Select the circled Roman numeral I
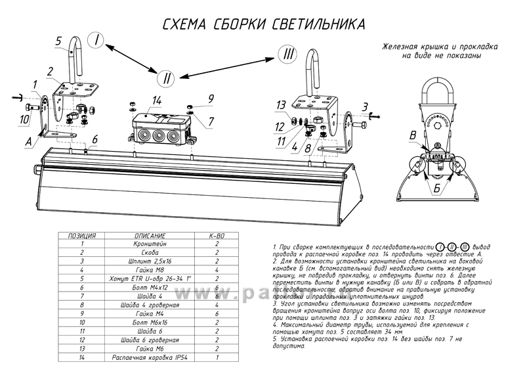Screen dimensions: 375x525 [96, 41]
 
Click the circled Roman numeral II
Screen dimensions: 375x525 [167, 77]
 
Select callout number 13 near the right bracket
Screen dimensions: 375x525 [280, 104]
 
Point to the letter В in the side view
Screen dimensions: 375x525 [411, 135]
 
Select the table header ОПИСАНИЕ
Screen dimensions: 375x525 [150, 235]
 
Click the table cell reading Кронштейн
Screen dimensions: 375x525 [150, 243]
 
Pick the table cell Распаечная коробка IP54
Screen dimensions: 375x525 [150, 358]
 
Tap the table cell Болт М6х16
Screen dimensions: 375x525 [150, 322]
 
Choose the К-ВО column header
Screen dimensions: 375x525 [217, 235]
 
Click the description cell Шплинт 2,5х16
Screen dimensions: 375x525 [150, 261]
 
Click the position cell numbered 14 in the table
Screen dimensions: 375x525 [82, 358]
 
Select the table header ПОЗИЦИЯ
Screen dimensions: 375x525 [82, 235]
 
